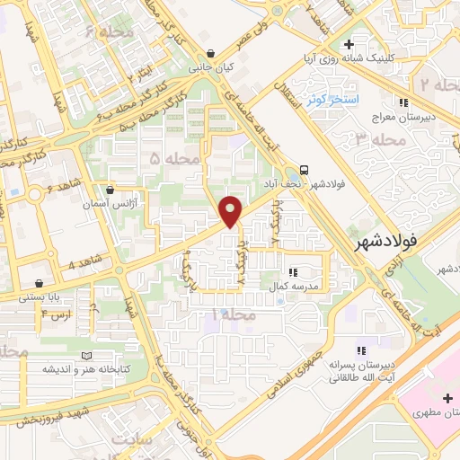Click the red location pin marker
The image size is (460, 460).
click(232, 211)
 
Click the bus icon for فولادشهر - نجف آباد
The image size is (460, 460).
click(306, 168)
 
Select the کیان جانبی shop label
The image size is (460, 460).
click(209, 66)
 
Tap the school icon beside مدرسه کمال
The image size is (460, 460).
click(292, 271)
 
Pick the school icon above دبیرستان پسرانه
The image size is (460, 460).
click(361, 350)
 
